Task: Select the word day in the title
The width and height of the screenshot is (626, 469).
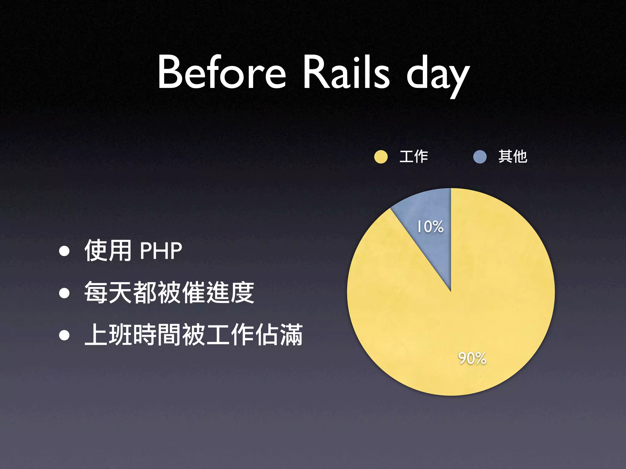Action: coord(437,75)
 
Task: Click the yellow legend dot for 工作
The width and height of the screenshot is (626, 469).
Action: coord(381,157)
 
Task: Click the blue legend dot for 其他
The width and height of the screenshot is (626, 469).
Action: coord(480,157)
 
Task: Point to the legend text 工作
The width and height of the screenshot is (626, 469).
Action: coord(414,157)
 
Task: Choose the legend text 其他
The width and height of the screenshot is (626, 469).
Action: coord(513,157)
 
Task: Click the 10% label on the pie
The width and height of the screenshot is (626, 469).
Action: coord(430,227)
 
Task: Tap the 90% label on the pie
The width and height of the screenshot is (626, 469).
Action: coord(472,358)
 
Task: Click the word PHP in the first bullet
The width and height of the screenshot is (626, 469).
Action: coord(161,251)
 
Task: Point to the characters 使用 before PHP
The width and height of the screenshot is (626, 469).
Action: coord(108,251)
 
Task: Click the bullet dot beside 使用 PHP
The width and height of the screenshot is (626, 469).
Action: coord(64,251)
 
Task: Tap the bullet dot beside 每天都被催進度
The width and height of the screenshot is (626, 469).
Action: coord(64,293)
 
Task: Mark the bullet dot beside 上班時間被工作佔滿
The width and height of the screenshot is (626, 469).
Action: coord(64,335)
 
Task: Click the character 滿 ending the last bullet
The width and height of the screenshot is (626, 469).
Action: coord(291,335)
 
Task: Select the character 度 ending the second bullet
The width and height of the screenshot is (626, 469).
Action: coord(242,293)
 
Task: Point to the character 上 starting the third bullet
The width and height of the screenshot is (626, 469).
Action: coord(96,335)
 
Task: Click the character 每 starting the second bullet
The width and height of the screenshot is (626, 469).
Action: coord(96,293)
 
